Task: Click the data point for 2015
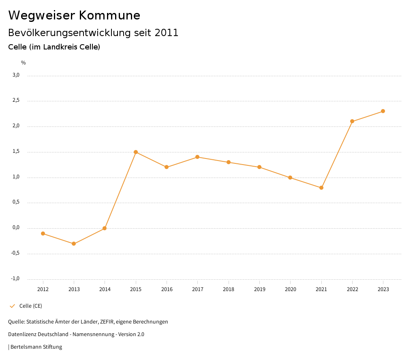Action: [136, 152]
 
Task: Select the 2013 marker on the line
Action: [74, 244]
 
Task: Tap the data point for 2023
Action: [383, 111]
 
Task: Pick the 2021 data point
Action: [321, 188]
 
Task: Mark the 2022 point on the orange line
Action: [352, 121]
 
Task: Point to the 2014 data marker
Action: [105, 228]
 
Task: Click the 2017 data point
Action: [197, 157]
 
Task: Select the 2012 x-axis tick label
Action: [43, 289]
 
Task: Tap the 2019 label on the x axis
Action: [259, 289]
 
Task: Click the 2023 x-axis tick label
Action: [383, 289]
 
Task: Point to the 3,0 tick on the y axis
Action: [16, 75]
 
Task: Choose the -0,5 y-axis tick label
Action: [15, 253]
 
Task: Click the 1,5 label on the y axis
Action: [16, 152]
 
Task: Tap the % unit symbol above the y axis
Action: [24, 63]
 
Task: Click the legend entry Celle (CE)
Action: [30, 306]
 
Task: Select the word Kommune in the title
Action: [110, 15]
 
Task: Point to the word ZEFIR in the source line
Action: [107, 322]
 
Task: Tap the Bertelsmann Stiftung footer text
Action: [36, 347]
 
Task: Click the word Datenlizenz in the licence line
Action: [21, 334]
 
